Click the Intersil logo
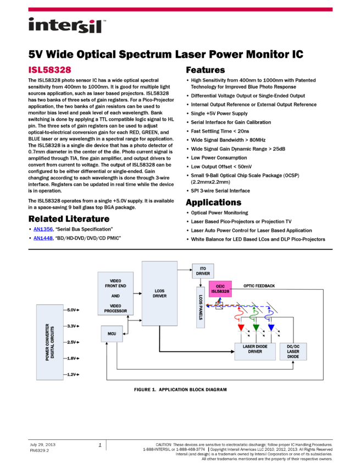click(67, 26)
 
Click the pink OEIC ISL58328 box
click(220, 289)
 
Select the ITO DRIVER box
click(203, 271)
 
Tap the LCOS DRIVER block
click(159, 293)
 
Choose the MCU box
click(112, 334)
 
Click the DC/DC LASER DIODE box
click(293, 351)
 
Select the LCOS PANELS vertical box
click(201, 307)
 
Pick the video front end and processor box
click(115, 293)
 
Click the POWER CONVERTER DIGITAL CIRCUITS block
click(49, 342)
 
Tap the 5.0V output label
click(71, 310)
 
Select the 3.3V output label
click(71, 326)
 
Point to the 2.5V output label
click(71, 342)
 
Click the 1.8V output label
click(71, 358)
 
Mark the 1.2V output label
click(71, 374)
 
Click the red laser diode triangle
click(241, 328)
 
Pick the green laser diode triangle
click(256, 328)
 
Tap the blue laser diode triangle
click(271, 328)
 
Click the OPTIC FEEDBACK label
click(259, 286)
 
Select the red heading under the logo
click(50, 70)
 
